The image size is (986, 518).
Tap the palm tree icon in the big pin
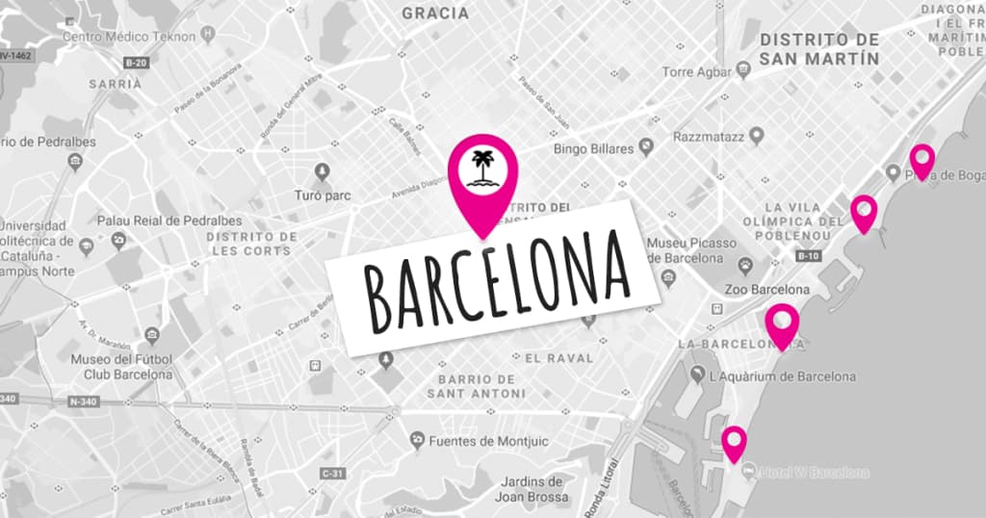pos(481,170)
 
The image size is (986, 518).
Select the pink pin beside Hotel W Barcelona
pos(735,442)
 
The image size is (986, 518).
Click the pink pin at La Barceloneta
pos(782,323)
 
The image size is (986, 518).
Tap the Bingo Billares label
pos(594,149)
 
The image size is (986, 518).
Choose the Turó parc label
pos(322,195)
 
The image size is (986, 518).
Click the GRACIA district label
pos(435,13)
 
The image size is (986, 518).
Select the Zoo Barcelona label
pos(766,290)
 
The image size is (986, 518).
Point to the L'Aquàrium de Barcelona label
pos(781,376)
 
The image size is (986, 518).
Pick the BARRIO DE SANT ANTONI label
pos(477,386)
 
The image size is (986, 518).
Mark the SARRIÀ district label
pos(115,84)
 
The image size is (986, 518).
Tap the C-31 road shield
pos(333,473)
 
